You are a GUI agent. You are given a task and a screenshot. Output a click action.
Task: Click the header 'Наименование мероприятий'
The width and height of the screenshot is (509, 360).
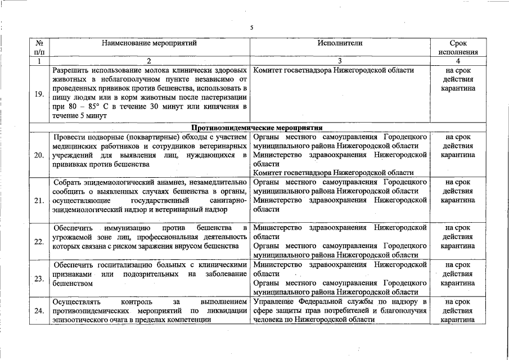[150, 43]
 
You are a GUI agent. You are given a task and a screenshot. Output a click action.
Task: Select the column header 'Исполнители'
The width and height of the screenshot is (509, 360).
[340, 43]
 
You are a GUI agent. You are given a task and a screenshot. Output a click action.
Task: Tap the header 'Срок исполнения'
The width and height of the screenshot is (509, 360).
[458, 47]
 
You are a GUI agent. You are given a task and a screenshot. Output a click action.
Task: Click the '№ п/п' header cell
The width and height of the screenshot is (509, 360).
[39, 47]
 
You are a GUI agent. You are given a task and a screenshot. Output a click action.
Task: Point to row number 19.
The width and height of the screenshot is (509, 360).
[39, 93]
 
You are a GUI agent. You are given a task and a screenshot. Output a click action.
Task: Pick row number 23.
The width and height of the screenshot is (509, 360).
[39, 278]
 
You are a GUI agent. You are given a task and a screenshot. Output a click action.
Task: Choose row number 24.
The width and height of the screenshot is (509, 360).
[39, 310]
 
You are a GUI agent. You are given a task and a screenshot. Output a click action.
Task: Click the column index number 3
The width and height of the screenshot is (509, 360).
[340, 61]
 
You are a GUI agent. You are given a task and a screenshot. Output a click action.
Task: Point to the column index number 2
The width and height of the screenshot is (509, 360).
[150, 61]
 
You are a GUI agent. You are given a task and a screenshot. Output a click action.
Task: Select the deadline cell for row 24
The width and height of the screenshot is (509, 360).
[458, 310]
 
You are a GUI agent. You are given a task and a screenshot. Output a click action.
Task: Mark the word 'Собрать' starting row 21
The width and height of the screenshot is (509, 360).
[67, 182]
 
